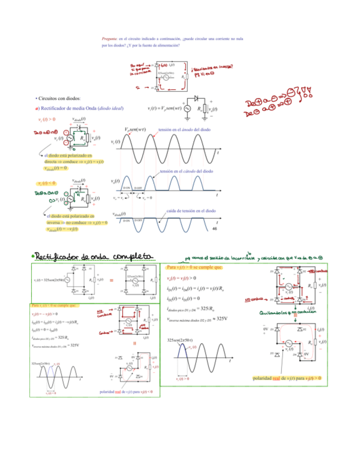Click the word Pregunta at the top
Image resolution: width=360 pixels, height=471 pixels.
coord(108,38)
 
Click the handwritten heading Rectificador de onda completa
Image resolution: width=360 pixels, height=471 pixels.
coord(92,255)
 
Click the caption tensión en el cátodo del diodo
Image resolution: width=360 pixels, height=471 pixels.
coord(186,172)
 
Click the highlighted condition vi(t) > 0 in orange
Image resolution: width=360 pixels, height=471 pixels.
coord(47,119)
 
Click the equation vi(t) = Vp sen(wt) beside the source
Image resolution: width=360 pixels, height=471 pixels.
coord(164,108)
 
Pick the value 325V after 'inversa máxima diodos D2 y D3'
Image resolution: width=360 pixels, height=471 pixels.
coord(221,319)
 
